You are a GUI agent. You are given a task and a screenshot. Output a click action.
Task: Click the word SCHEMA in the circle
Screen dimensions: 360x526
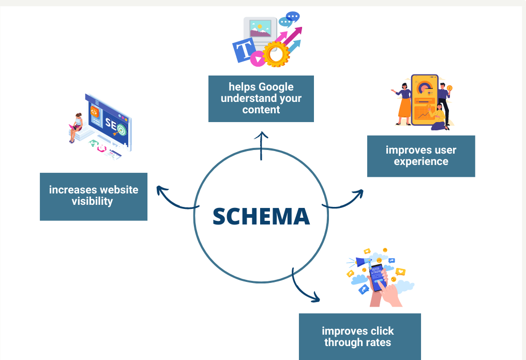coord(261,216)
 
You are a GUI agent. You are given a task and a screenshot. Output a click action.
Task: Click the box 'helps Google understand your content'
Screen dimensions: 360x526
coord(261,99)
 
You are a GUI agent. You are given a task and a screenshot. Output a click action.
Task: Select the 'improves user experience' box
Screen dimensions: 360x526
coord(421,156)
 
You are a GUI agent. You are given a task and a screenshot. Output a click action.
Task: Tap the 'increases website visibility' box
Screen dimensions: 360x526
coord(94,197)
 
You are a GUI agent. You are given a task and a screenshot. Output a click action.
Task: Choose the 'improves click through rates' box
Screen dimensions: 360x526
coord(360,337)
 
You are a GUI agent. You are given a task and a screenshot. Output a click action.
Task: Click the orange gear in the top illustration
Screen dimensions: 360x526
coord(275,54)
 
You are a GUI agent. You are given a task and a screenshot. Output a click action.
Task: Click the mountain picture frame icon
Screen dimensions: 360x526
coord(260,28)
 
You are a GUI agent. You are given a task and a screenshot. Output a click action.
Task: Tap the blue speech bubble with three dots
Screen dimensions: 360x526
coord(293,17)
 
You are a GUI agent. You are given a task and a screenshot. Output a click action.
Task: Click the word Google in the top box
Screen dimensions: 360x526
coord(276,87)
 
